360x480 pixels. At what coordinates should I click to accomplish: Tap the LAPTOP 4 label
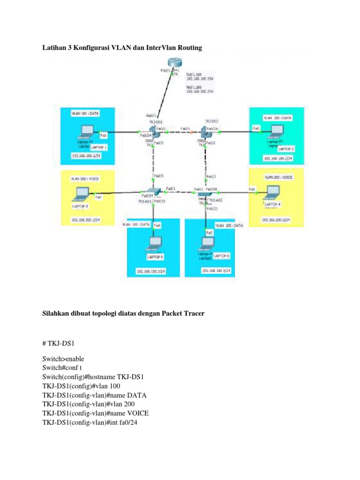click(273, 204)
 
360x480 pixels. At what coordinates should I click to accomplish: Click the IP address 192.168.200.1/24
click(85, 219)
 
